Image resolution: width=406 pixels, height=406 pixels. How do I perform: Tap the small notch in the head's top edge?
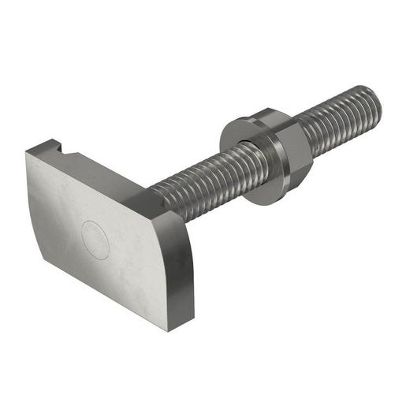click(x=64, y=147)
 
